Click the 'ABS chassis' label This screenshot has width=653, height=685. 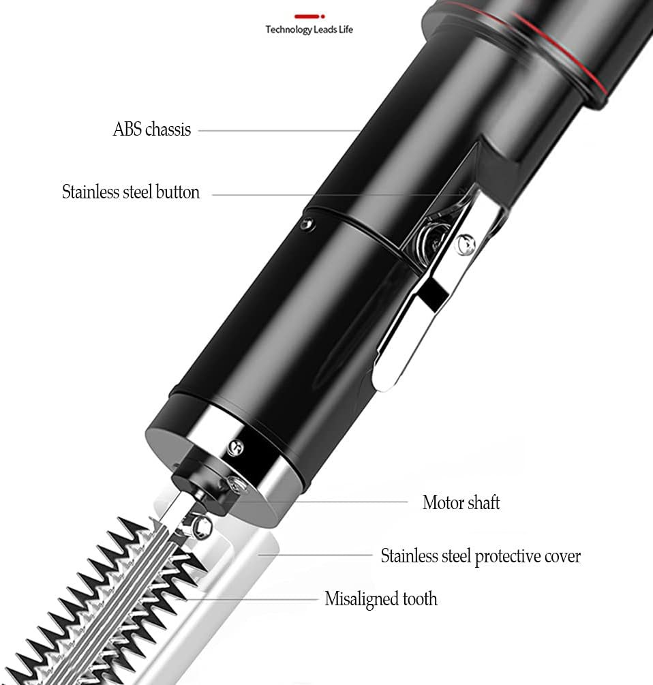tap(152, 130)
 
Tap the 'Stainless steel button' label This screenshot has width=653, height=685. tap(131, 192)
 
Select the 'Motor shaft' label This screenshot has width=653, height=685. tap(461, 503)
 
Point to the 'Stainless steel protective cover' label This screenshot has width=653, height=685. tap(481, 557)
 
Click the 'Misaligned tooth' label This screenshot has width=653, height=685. tap(381, 599)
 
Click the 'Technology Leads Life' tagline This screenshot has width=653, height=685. tap(309, 30)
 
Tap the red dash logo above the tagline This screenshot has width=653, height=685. tap(309, 16)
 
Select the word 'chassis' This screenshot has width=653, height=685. tap(168, 130)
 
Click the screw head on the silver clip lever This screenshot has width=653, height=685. tap(465, 243)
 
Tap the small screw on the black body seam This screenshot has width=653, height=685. tap(308, 224)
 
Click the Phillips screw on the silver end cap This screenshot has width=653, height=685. tap(235, 447)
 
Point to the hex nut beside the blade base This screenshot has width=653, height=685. tap(202, 524)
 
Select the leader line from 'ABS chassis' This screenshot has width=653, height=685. tap(279, 130)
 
